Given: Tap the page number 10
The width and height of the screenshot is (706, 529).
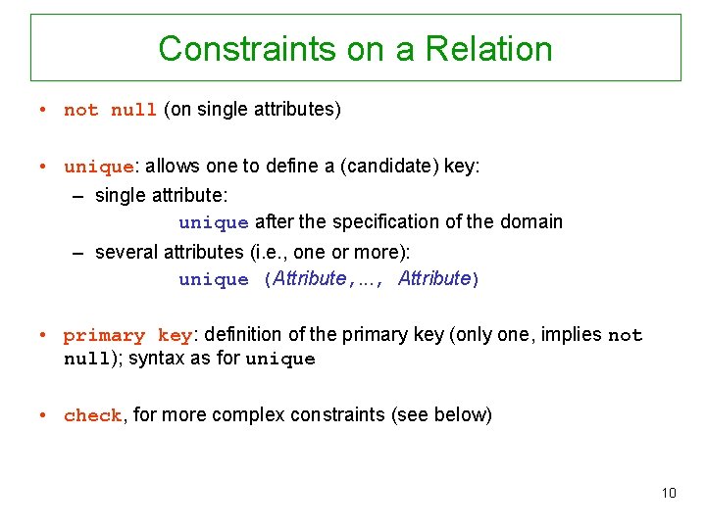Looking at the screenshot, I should pos(669,493).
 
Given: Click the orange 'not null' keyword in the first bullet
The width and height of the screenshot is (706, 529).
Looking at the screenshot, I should pos(110,110).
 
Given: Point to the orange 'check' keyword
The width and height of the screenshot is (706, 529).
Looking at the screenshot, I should pos(92,415).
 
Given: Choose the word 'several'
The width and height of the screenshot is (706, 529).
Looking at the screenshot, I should pos(125,253).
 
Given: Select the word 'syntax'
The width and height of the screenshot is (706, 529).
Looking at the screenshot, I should pos(156,359).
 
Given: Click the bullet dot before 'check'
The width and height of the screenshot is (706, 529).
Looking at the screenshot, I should pos(45,414).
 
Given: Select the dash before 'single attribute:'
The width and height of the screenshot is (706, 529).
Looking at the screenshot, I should pos(78,195).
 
